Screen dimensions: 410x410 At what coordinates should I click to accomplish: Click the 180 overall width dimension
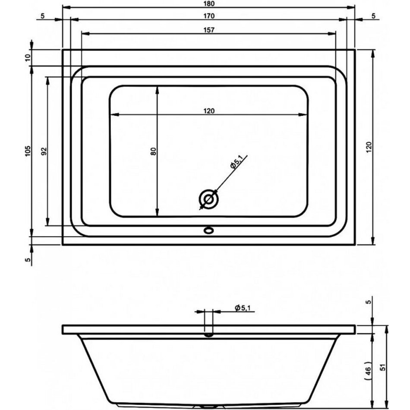click(209, 3)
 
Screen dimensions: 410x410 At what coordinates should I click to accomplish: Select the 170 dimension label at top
click(209, 16)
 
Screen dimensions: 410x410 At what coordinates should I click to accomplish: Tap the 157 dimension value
click(209, 30)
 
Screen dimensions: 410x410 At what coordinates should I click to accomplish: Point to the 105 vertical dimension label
click(28, 151)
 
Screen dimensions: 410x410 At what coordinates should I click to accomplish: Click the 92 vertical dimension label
click(44, 151)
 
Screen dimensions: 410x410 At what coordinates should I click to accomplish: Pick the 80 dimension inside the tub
click(153, 151)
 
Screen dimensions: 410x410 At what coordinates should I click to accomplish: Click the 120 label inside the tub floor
click(209, 111)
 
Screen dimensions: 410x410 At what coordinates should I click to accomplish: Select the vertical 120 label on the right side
click(369, 148)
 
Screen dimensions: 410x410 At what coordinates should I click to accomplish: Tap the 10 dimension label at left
click(28, 57)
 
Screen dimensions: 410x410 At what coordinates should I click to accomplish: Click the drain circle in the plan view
click(208, 199)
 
